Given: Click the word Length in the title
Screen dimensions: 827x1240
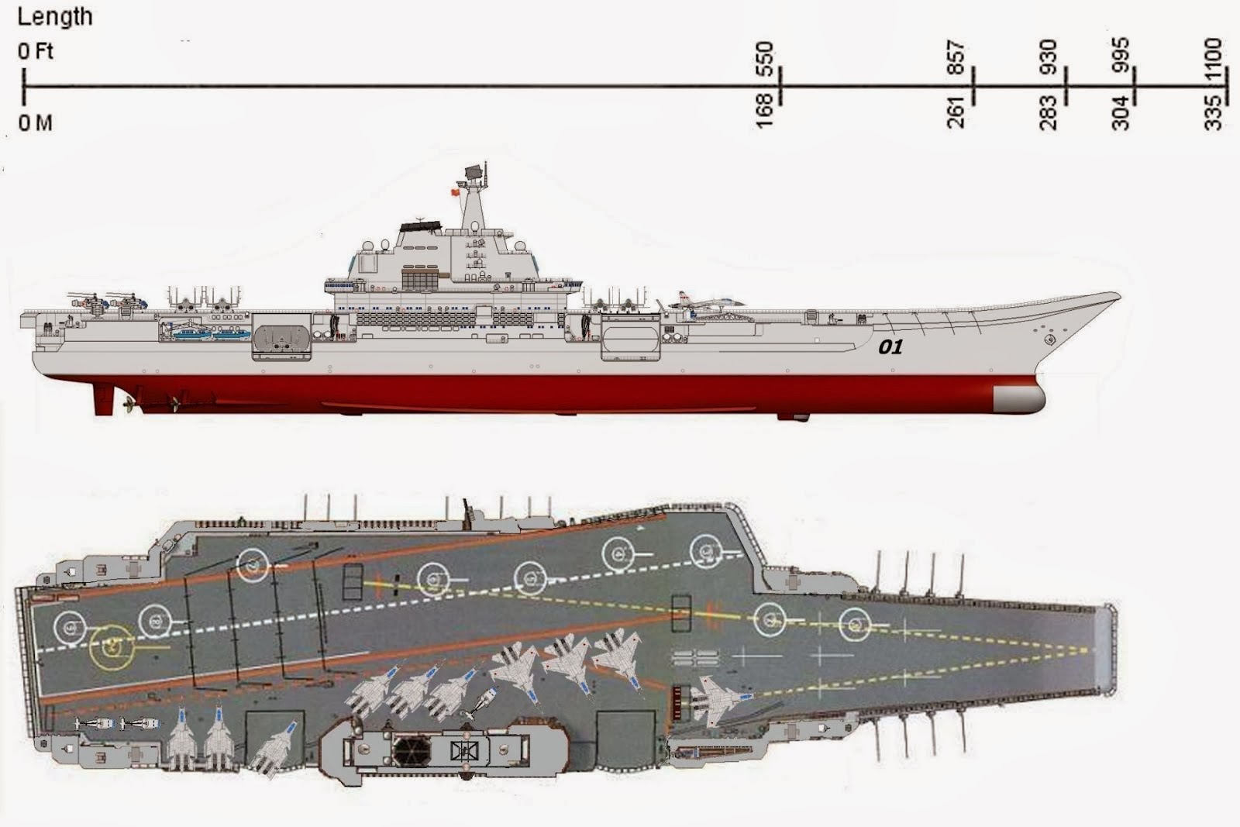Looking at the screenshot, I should click(x=54, y=17).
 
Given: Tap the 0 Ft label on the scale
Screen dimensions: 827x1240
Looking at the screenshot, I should click(x=36, y=52).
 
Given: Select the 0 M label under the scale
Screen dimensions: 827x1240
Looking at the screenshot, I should click(x=36, y=122).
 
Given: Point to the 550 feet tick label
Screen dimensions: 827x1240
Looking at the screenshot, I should click(x=764, y=58).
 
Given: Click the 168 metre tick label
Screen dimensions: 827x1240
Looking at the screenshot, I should click(x=764, y=110).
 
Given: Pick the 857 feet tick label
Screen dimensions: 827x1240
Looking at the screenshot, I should click(x=956, y=58).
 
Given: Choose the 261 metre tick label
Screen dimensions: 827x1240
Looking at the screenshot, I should click(x=956, y=112).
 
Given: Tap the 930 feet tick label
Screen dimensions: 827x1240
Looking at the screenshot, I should click(x=1048, y=57).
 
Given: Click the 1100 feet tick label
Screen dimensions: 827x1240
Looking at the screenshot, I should click(x=1214, y=57).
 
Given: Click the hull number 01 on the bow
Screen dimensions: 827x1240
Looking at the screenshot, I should click(x=890, y=346).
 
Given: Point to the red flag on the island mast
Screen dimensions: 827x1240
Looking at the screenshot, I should click(x=454, y=191).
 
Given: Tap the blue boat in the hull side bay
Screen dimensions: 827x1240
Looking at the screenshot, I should click(x=194, y=333).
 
